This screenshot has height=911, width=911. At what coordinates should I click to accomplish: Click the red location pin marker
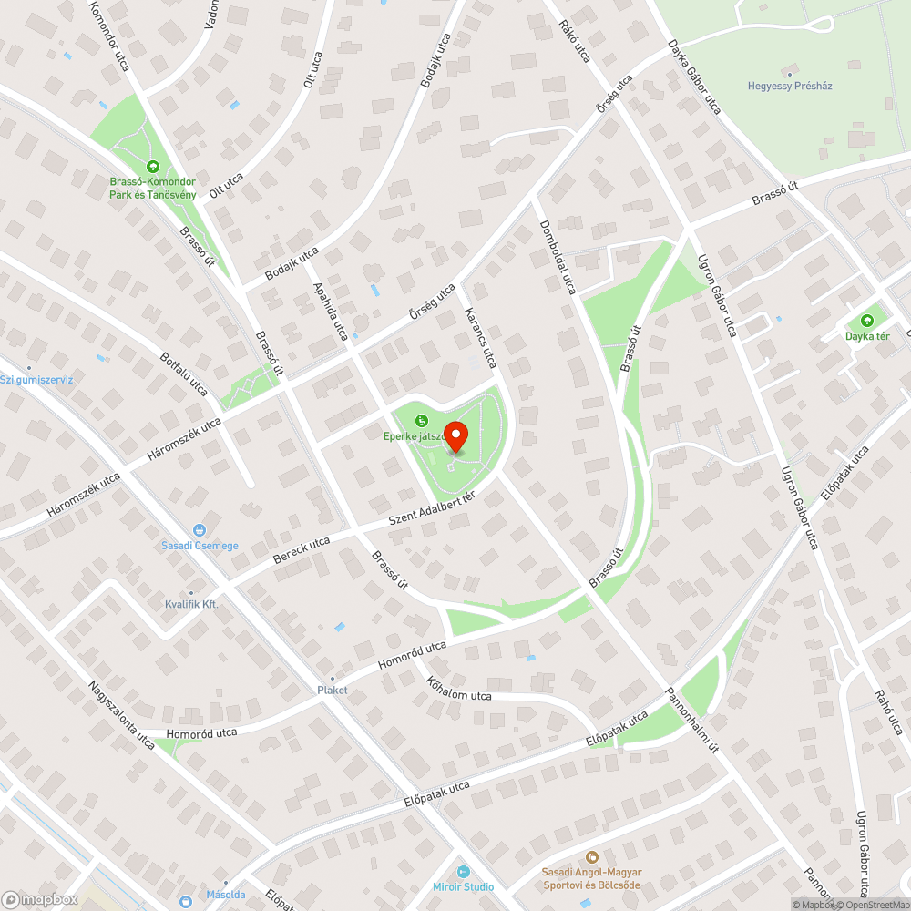click(455, 437)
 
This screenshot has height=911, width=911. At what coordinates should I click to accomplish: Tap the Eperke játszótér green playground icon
click(421, 421)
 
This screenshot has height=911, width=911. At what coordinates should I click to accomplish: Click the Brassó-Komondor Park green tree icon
click(152, 167)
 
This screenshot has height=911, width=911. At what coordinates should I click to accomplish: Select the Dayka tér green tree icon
click(866, 321)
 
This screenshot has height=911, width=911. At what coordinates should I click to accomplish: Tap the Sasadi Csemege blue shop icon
click(200, 530)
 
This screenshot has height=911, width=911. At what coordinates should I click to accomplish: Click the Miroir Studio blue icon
click(463, 871)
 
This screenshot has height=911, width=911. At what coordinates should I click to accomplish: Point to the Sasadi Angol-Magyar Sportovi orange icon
click(591, 856)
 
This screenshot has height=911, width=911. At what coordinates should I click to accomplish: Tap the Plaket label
click(332, 690)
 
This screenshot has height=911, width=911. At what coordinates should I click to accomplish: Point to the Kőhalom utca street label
click(458, 689)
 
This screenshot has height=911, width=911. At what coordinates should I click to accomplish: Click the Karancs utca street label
click(480, 337)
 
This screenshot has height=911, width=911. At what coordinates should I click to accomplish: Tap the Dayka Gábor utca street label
click(693, 77)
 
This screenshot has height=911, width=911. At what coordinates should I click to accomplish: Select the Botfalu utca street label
click(183, 374)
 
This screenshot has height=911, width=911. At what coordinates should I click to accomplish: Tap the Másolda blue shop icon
click(186, 901)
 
